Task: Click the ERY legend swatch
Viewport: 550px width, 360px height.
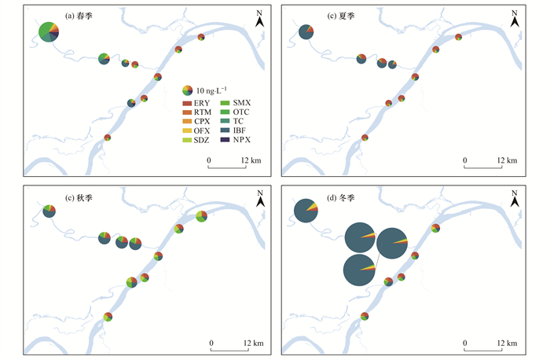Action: [187, 103]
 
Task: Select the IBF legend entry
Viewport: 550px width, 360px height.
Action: [233, 130]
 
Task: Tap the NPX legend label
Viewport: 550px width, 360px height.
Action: [242, 140]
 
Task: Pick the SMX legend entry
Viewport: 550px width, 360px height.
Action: [235, 103]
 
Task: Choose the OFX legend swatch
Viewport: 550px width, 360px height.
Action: [187, 130]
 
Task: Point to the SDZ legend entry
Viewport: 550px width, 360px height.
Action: [196, 140]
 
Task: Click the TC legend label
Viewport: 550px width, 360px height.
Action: [238, 121]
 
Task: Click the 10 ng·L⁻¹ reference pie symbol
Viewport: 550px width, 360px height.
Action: [187, 90]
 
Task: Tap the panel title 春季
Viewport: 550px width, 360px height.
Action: [84, 16]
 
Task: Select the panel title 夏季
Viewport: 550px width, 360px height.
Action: [346, 16]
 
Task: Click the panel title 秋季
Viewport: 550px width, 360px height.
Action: [84, 198]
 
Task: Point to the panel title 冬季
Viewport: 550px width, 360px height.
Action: [346, 198]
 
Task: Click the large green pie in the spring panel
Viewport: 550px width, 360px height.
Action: [49, 32]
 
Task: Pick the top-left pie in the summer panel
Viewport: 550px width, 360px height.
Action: [306, 32]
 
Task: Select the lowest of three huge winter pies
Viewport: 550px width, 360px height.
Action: [359, 270]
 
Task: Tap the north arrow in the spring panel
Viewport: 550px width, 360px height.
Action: [259, 19]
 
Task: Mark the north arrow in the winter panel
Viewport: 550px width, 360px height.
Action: [515, 199]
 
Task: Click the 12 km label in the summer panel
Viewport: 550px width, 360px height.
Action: [507, 160]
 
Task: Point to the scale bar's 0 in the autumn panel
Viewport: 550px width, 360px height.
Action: [211, 343]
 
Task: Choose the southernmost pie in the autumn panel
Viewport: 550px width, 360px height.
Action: [108, 317]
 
